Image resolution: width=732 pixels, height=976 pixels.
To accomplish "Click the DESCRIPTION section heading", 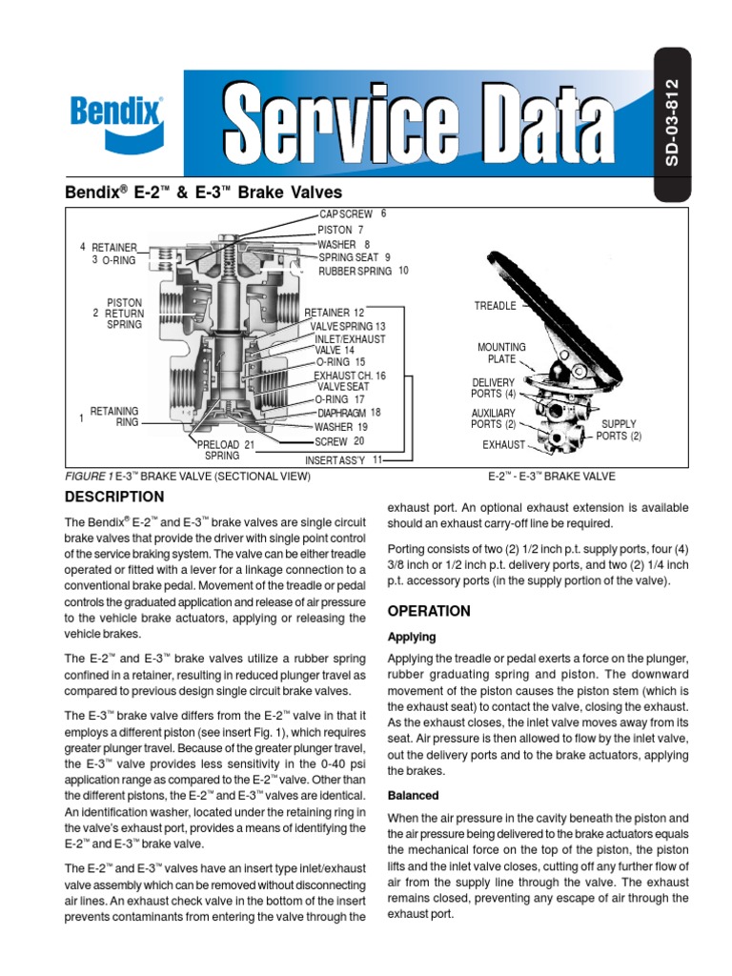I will (x=113, y=497).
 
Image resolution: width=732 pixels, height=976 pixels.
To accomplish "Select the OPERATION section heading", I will (x=429, y=611).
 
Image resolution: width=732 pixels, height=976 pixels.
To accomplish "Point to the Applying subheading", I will (x=412, y=637).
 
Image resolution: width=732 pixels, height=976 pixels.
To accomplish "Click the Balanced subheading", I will (x=414, y=795).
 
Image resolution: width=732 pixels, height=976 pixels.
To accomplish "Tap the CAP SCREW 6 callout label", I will (x=353, y=214).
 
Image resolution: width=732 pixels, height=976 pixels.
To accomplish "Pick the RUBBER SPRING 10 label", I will (x=362, y=271).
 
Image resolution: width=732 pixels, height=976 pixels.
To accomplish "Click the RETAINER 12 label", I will (x=334, y=313).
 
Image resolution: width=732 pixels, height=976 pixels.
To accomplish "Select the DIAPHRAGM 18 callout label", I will (x=349, y=413).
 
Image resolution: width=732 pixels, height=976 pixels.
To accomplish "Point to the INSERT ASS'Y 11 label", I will (x=343, y=459).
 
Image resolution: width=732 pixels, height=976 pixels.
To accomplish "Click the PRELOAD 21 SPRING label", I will (x=225, y=450).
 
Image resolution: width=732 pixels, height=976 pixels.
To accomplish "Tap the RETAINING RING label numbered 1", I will (x=113, y=416).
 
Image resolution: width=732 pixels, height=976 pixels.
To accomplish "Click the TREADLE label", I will (x=495, y=306).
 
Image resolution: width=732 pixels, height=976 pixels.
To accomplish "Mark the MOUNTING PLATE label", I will (x=501, y=354).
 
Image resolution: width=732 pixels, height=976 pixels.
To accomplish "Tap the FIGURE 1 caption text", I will (x=187, y=476).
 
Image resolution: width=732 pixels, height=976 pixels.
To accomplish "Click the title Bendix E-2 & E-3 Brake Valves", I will (x=202, y=192).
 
